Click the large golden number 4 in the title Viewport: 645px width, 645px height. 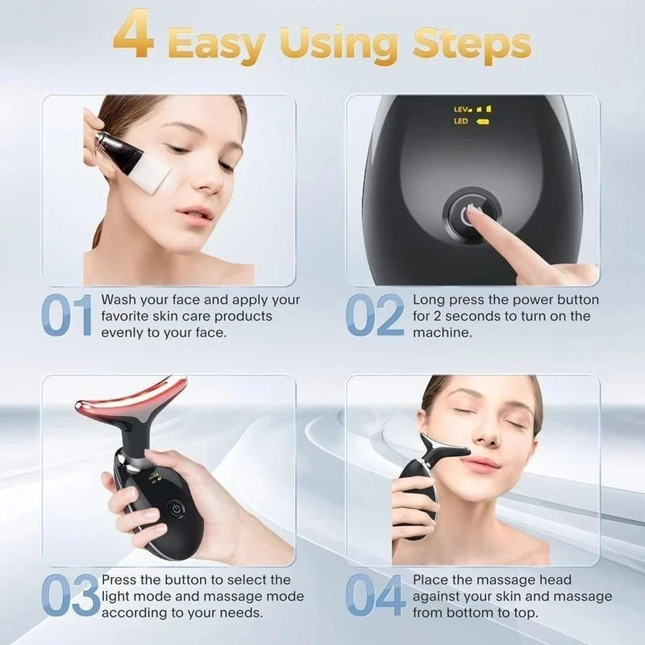click(x=134, y=36)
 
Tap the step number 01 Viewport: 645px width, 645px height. click(x=67, y=316)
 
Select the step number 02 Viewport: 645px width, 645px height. click(x=375, y=316)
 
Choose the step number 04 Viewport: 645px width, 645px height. click(x=376, y=597)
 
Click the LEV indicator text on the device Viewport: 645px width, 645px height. click(x=462, y=108)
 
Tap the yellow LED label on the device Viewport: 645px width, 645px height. click(x=461, y=122)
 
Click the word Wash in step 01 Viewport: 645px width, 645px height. click(x=118, y=300)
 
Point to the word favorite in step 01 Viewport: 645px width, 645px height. click(x=125, y=316)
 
